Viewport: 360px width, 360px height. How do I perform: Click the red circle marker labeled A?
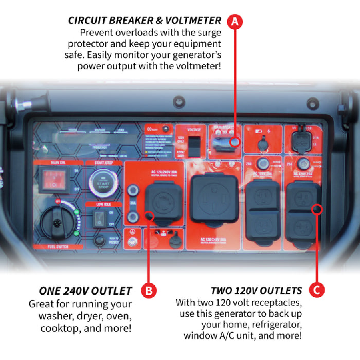235,21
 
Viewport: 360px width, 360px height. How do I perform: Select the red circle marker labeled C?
316,289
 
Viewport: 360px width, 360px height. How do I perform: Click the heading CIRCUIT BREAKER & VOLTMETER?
145,20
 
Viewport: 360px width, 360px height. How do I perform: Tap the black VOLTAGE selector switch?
195,145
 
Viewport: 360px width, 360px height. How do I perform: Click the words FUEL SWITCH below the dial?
57,246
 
